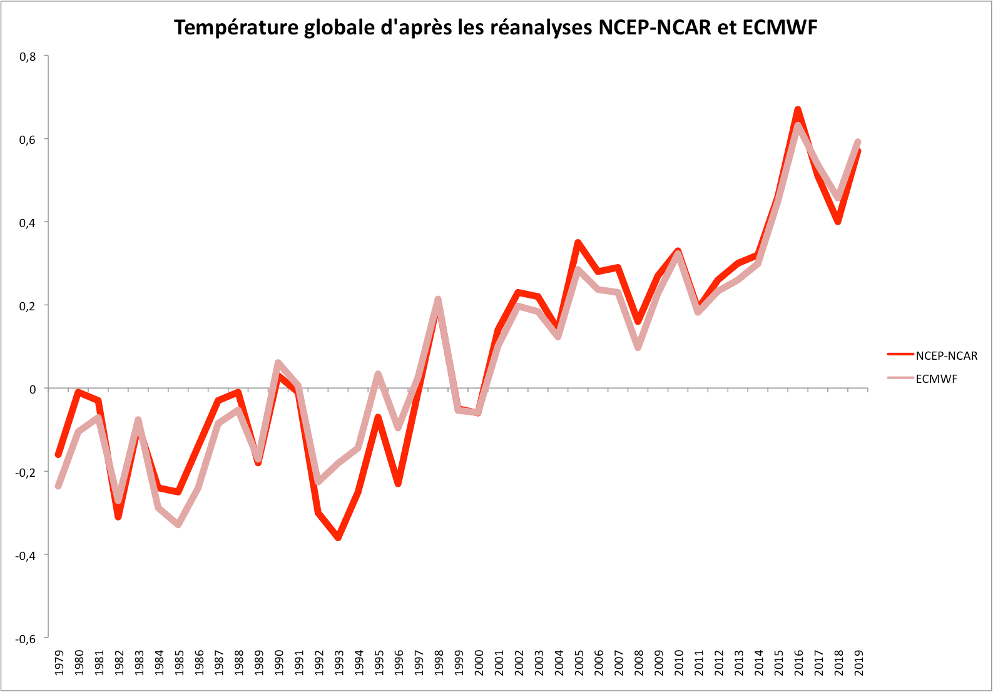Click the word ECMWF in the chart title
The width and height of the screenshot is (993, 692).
point(780,28)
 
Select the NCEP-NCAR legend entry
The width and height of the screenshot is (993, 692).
point(945,355)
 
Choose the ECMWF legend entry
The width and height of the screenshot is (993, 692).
point(936,379)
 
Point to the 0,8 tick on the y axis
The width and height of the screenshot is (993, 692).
point(28,56)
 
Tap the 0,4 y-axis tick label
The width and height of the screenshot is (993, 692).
point(28,222)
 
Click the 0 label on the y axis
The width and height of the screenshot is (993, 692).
point(33,389)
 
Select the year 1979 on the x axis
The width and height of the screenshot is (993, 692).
point(59,662)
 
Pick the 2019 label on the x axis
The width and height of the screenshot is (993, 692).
point(858,662)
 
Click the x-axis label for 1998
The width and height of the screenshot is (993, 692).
point(439,662)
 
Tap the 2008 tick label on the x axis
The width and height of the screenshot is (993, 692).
point(639,662)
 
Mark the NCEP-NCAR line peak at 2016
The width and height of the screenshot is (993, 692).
point(798,110)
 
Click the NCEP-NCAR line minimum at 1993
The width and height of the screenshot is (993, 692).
point(339,537)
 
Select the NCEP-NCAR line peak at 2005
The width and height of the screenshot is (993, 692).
point(578,243)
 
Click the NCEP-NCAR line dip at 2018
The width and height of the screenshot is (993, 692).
point(838,221)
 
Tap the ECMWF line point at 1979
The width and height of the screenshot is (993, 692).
point(58,486)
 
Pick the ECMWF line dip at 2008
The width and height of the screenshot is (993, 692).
point(638,347)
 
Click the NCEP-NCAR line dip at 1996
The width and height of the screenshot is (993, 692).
point(398,483)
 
